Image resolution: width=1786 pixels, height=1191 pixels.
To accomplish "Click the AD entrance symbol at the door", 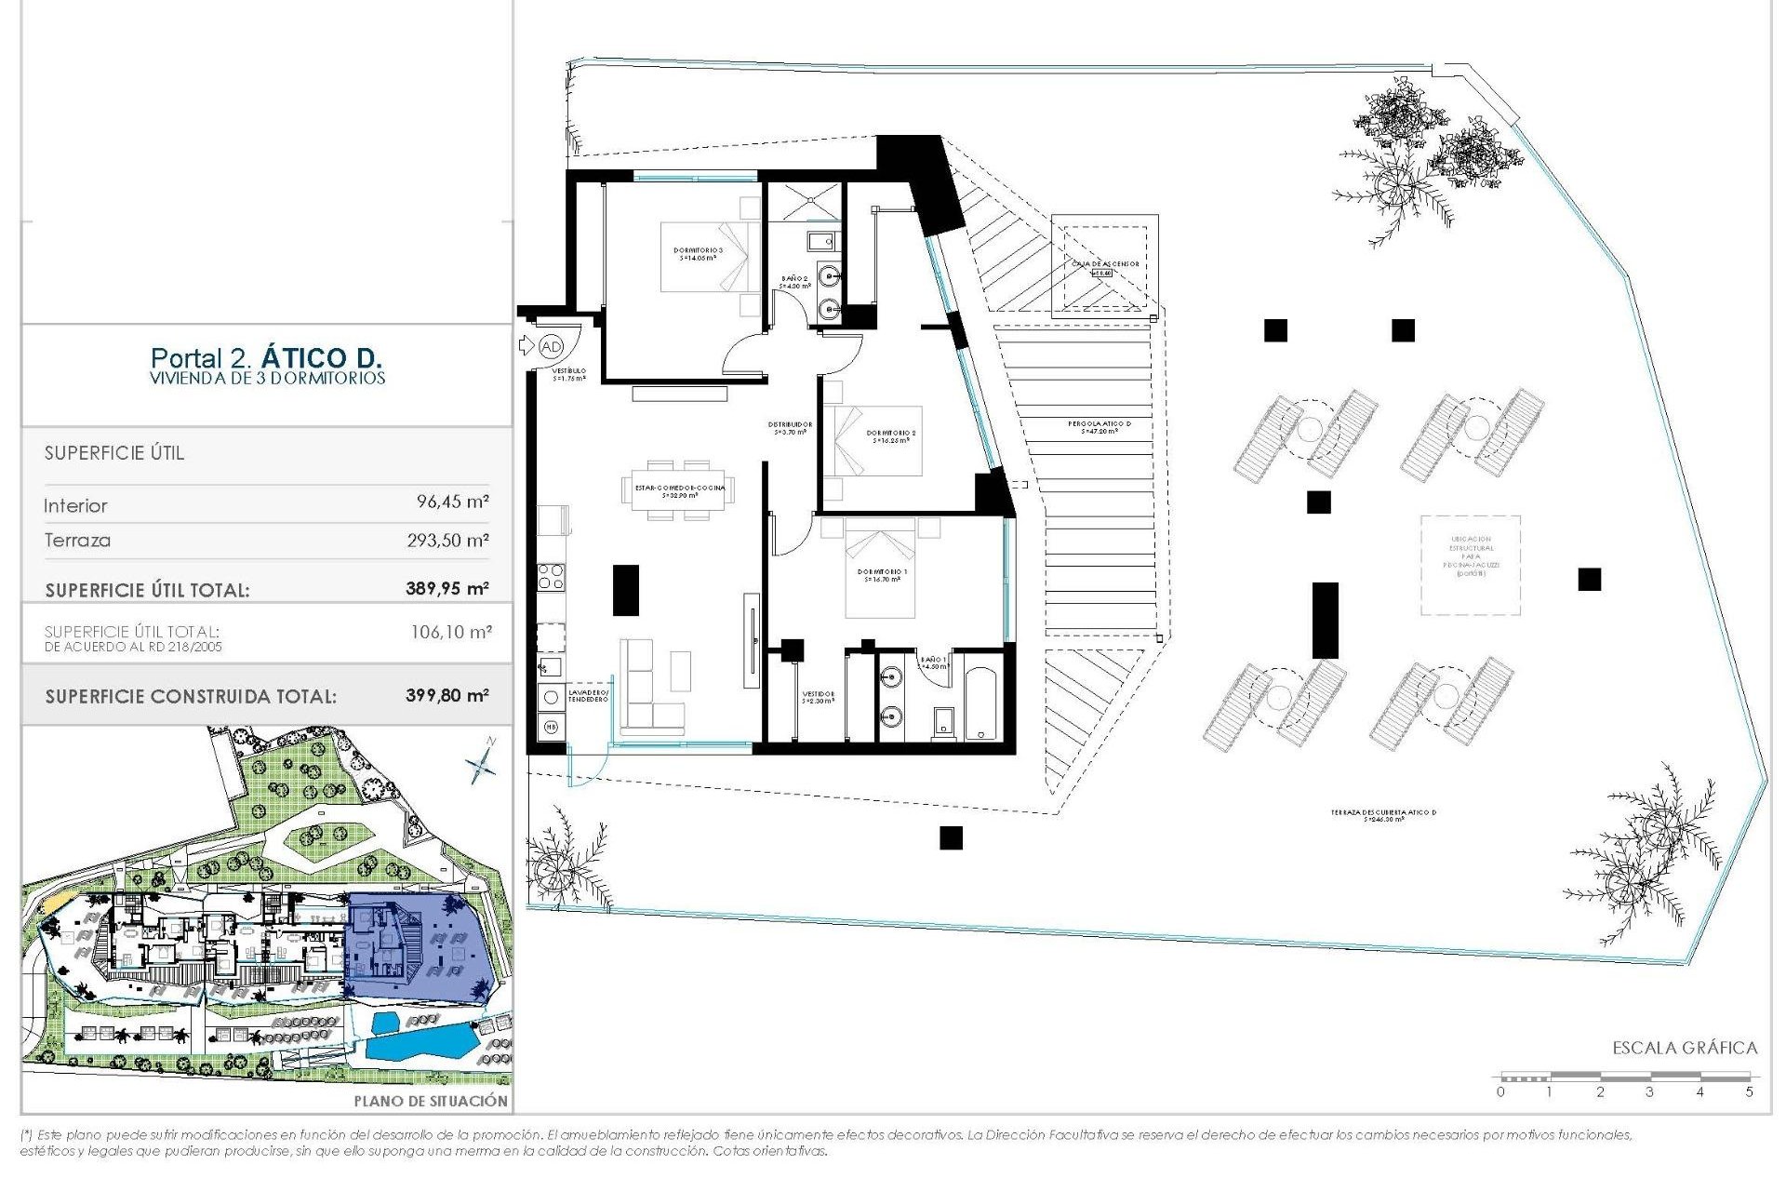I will [x=551, y=346].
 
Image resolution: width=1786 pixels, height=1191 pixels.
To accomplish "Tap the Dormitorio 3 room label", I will [x=698, y=253].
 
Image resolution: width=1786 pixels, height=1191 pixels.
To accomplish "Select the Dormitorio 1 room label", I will [x=882, y=575].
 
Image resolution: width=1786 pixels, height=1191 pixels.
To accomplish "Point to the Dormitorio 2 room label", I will [x=891, y=435].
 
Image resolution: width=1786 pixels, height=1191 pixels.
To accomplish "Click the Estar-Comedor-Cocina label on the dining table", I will [x=680, y=491].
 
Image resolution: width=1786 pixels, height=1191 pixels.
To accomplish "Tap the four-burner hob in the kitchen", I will [x=551, y=577].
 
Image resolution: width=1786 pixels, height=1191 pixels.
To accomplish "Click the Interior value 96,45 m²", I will [x=452, y=502].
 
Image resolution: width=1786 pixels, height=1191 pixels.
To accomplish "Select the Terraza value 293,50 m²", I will [x=447, y=540].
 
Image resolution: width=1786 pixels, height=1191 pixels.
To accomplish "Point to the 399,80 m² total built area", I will [x=446, y=695].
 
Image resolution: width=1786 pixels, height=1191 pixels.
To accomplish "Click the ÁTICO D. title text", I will [x=321, y=357].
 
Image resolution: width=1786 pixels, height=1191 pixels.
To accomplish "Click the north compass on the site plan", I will [x=482, y=763].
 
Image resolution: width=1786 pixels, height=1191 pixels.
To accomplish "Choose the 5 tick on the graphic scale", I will [x=1749, y=1091].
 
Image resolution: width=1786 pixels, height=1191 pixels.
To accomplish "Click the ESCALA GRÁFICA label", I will [x=1685, y=1048].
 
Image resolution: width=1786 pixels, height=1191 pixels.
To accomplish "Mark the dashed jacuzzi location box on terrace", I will [x=1470, y=565].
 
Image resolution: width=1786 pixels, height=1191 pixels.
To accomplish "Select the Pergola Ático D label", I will [x=1100, y=427].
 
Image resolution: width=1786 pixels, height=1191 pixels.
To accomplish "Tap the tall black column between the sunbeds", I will [x=1325, y=620].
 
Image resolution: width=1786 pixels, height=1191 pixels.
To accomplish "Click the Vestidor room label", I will [x=818, y=697].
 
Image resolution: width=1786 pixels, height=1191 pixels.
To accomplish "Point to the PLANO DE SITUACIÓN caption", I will [x=431, y=1101].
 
